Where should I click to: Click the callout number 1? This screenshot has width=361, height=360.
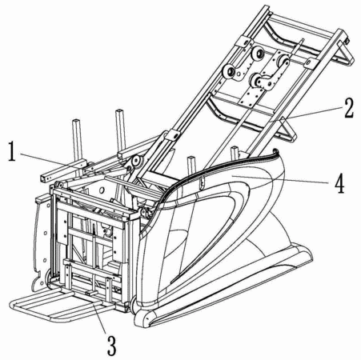11,151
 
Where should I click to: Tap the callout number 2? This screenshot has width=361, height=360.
349,108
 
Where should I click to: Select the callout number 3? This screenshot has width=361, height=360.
112,346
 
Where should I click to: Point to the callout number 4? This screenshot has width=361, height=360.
339,183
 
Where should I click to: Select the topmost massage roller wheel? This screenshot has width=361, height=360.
258,54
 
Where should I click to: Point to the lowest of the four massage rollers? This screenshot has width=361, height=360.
256,80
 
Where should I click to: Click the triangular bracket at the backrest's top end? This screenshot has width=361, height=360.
347,54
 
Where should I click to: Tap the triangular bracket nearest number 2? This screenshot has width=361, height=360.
287,130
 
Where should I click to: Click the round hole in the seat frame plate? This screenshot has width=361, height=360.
101,190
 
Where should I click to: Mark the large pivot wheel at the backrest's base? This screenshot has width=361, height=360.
136,161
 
